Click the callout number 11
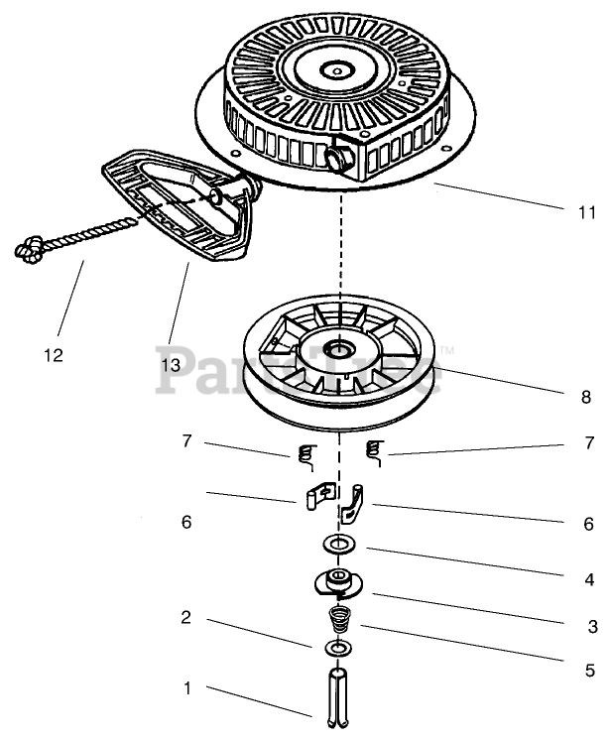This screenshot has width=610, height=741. [x=586, y=212]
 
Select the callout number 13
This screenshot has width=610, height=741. [x=170, y=364]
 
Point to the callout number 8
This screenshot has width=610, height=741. [x=587, y=397]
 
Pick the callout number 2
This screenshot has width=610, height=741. [x=185, y=618]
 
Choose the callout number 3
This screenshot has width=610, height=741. [x=592, y=626]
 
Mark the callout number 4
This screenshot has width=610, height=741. [x=589, y=579]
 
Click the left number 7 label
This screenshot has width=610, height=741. [x=185, y=441]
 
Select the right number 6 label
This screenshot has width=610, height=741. [x=588, y=524]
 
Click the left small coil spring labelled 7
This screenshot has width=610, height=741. [x=305, y=455]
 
